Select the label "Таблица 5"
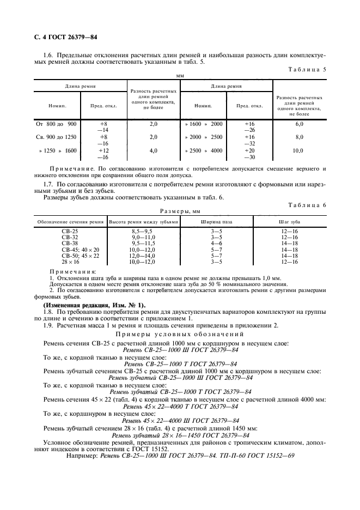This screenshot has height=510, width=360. click(x=309, y=70)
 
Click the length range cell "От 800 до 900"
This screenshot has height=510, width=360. click(x=56, y=124)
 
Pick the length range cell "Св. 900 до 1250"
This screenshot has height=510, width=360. click(x=56, y=137)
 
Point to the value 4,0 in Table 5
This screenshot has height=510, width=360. click(x=153, y=150)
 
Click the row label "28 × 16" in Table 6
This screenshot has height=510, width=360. click(x=70, y=262)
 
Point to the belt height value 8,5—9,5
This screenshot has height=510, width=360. click(x=143, y=232)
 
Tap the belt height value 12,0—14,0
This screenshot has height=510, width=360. click(x=143, y=256)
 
